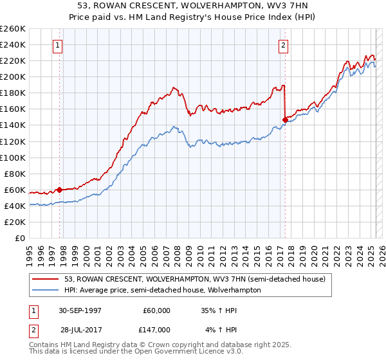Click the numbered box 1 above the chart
59,45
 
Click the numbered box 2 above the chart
284,45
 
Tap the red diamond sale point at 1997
59,190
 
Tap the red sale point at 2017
285,119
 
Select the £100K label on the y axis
13,157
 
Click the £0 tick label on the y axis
20,238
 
